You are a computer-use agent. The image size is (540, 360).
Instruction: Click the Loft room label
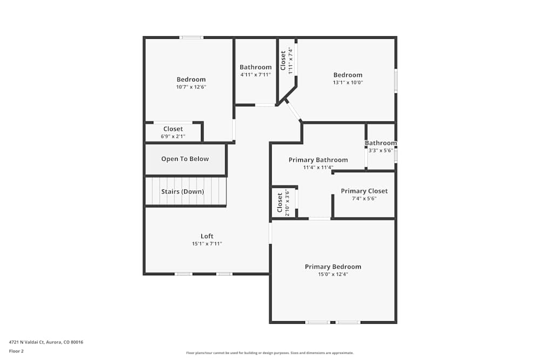[207, 236]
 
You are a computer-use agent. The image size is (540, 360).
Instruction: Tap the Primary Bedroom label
[333, 267]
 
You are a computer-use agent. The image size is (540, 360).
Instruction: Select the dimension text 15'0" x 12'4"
[333, 274]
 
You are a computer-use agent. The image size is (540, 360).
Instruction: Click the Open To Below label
[185, 159]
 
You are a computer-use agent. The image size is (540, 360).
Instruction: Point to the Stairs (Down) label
[183, 192]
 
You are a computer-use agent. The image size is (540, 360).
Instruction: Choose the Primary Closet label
[364, 191]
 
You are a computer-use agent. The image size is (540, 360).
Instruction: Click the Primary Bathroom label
[318, 160]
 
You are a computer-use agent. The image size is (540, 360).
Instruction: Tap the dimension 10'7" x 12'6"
[191, 87]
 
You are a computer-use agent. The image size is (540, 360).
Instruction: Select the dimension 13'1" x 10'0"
[348, 83]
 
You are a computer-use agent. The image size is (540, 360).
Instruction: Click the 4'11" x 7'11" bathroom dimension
[255, 75]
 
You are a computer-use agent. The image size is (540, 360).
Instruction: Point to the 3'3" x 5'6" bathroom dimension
[380, 151]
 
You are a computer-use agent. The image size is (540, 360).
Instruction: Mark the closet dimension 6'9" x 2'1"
[173, 137]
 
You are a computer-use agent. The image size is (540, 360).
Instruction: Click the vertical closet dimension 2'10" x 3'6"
[287, 203]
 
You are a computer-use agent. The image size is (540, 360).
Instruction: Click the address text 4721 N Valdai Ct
[46, 342]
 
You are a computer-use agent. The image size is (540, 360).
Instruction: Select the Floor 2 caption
[16, 351]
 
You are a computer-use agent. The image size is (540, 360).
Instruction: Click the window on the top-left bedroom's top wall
[191, 37]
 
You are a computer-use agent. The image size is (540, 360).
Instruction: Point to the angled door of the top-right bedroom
[293, 111]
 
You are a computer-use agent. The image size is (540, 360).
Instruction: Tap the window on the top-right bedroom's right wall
[396, 80]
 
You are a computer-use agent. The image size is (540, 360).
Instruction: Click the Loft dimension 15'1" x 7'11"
[207, 244]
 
